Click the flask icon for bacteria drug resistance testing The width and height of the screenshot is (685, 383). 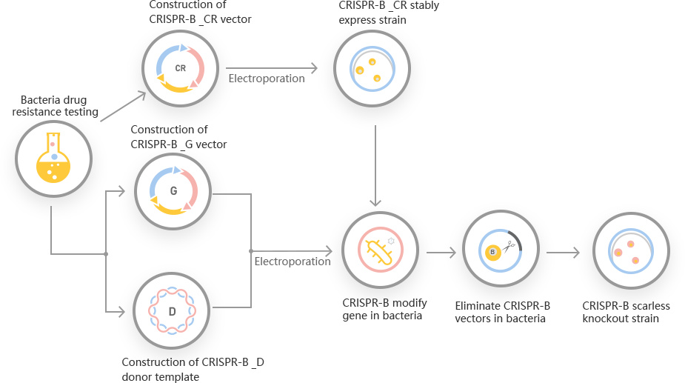pos(53,156)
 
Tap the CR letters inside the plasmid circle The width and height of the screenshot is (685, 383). pos(180,68)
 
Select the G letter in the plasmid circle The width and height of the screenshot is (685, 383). pos(173,190)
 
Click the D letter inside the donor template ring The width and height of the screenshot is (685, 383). pos(172,311)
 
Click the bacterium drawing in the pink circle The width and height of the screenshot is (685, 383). pos(378,248)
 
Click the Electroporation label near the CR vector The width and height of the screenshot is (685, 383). pos(265,79)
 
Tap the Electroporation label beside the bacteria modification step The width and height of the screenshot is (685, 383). pos(293,262)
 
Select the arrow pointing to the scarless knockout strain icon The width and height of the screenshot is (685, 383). pos(567,253)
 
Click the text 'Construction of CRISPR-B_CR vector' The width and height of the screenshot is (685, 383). pos(199,12)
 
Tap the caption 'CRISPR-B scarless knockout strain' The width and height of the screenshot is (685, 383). pos(626,313)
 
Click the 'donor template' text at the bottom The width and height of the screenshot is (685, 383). pos(161,376)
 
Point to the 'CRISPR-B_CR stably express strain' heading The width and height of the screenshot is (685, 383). pos(388,13)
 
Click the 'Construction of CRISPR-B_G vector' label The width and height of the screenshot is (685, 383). pos(178,137)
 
